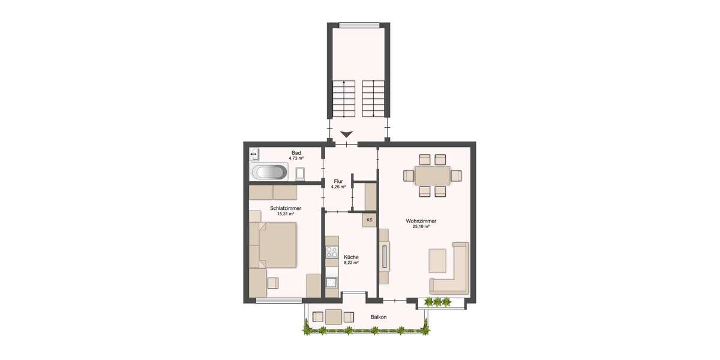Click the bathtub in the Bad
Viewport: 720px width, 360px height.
269,173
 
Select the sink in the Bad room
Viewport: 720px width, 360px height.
254,154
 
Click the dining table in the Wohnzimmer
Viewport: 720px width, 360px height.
432,175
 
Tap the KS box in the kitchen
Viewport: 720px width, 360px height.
369,220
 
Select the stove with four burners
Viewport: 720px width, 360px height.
331,253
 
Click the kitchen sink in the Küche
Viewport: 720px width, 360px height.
331,281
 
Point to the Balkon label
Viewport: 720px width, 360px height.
379,317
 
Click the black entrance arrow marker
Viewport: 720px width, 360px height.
346,134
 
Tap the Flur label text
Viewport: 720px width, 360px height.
338,181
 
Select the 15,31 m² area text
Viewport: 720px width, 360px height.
277,214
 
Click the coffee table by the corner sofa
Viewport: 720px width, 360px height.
437,260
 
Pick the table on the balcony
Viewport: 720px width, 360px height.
334,316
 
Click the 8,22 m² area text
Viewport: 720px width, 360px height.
350,262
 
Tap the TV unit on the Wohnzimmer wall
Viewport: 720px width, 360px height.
384,257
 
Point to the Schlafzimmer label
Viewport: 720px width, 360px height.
277,208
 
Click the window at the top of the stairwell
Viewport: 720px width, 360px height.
359,25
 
